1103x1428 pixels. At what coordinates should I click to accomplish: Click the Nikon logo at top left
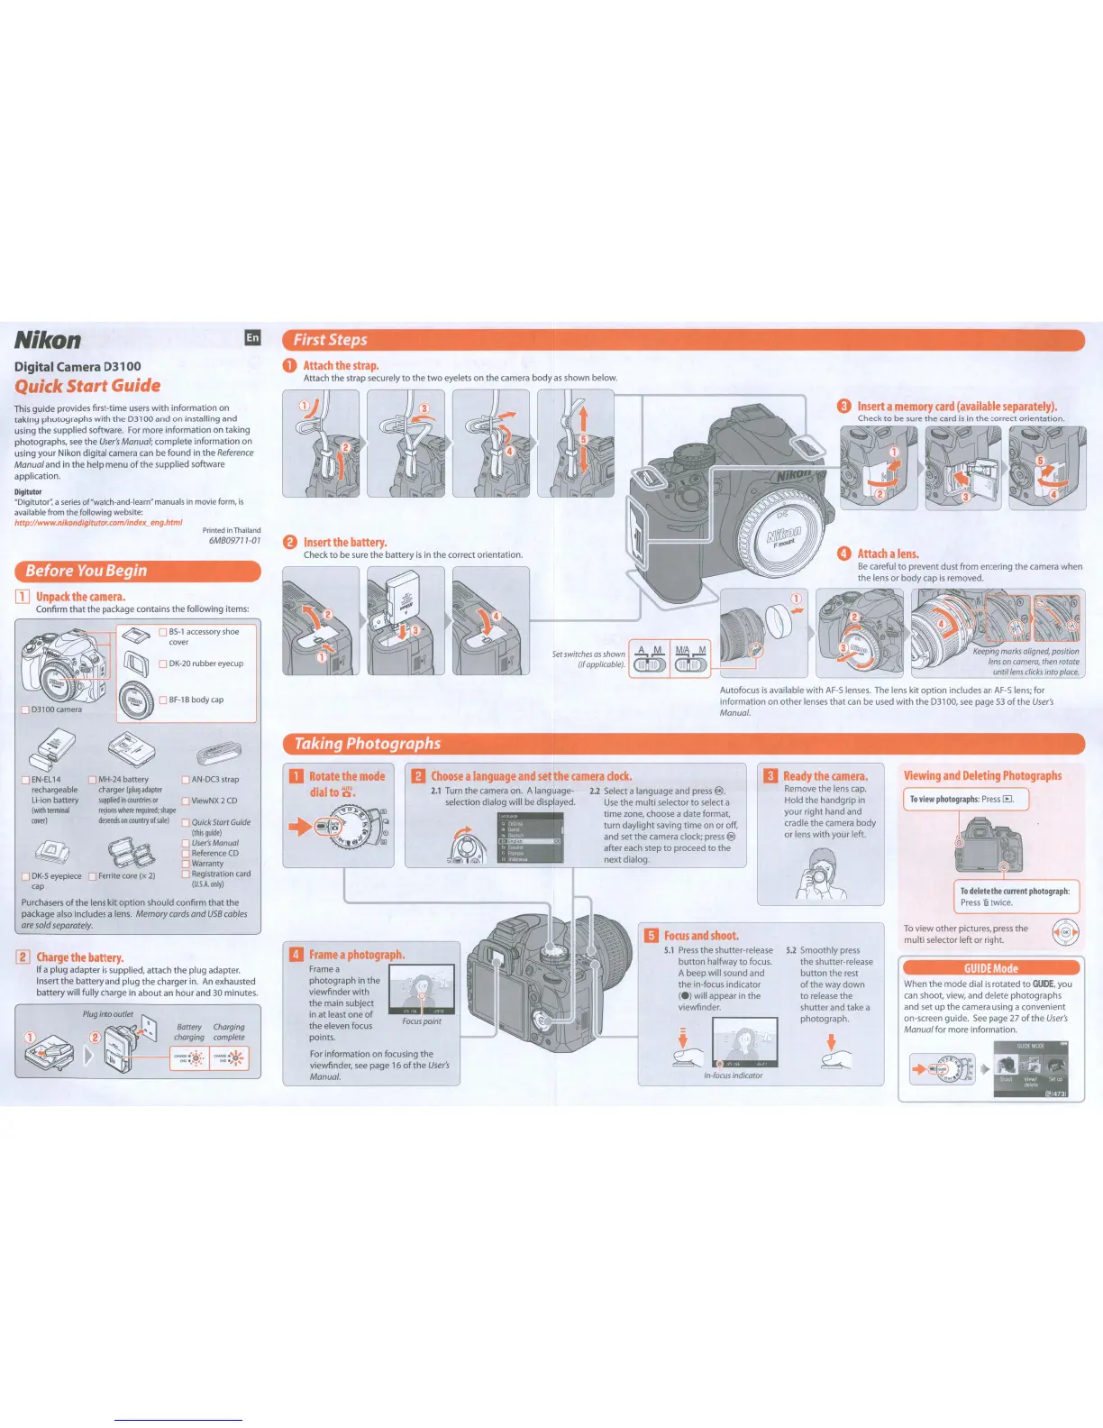coord(48,340)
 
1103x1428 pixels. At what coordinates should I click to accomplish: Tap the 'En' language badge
coord(252,337)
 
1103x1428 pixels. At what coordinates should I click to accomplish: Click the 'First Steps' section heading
coord(331,340)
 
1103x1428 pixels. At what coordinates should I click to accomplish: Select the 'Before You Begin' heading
coord(86,571)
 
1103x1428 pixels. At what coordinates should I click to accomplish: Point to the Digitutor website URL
coord(98,523)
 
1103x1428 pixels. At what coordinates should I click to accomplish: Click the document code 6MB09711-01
coord(234,541)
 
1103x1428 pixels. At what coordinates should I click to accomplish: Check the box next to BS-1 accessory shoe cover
coord(163,632)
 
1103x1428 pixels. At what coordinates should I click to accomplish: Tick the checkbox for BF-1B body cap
coord(163,700)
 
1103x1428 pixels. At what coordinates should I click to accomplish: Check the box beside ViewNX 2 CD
coord(186,801)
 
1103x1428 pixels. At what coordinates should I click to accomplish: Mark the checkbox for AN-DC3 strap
coord(186,780)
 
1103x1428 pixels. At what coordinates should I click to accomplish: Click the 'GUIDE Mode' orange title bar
coord(991,968)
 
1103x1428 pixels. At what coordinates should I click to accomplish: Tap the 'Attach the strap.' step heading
coord(341,366)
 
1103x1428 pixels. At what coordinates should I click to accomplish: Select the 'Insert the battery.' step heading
coord(345,543)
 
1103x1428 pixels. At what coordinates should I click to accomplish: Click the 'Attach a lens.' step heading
coord(888,554)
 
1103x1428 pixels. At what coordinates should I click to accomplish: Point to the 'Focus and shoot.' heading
coord(701,936)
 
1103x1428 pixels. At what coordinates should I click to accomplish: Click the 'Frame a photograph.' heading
coord(357,955)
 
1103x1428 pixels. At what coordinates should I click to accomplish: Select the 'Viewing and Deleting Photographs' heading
coord(982,776)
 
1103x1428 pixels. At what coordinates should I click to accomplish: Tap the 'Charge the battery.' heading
coord(79,957)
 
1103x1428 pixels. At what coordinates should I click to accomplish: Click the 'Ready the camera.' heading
coord(825,776)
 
